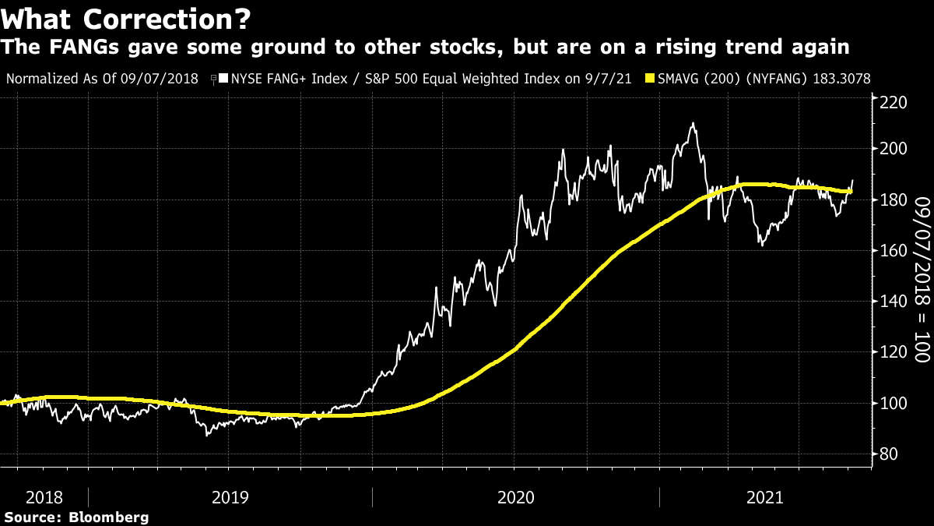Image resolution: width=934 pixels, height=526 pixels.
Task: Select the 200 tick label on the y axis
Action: (x=889, y=149)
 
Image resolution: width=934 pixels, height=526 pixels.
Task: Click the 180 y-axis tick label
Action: (x=889, y=200)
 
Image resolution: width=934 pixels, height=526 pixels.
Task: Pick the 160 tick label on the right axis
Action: (x=889, y=251)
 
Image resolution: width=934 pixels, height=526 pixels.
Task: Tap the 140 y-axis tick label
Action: (x=889, y=302)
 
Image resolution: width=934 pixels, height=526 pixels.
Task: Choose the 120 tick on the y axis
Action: (x=889, y=352)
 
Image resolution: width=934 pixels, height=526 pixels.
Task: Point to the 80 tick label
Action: (x=884, y=454)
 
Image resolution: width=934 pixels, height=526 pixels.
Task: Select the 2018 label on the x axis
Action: (x=44, y=497)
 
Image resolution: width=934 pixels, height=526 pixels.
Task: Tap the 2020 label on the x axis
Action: (x=515, y=497)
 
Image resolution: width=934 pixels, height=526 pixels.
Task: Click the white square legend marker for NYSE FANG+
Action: (x=223, y=79)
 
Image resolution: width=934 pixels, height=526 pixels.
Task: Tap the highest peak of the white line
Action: (x=693, y=123)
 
